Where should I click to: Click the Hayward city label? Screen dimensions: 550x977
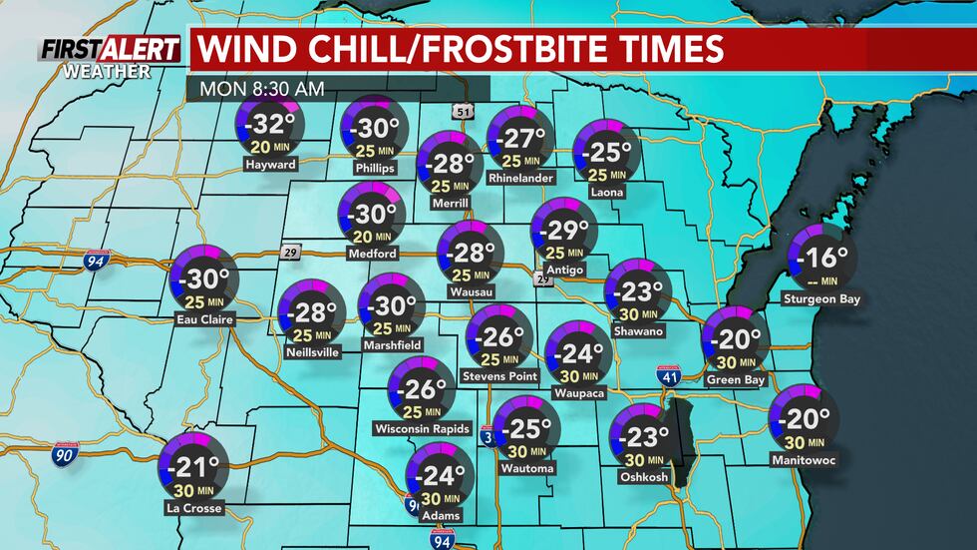(270, 165)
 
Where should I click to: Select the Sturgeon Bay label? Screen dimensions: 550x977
(821, 298)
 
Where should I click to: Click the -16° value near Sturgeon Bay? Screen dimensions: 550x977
(823, 259)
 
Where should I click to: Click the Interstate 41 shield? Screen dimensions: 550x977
(669, 377)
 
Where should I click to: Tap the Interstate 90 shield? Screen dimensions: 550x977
(61, 455)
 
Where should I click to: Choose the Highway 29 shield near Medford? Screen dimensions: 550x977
(289, 251)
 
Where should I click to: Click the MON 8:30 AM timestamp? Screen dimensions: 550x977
(262, 88)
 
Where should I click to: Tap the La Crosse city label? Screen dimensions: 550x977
(194, 508)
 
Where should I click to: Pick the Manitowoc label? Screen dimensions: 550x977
(804, 460)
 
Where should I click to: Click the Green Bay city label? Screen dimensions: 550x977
(735, 379)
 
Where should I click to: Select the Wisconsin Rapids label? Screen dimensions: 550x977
(421, 429)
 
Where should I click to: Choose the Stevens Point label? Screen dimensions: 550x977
(499, 376)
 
